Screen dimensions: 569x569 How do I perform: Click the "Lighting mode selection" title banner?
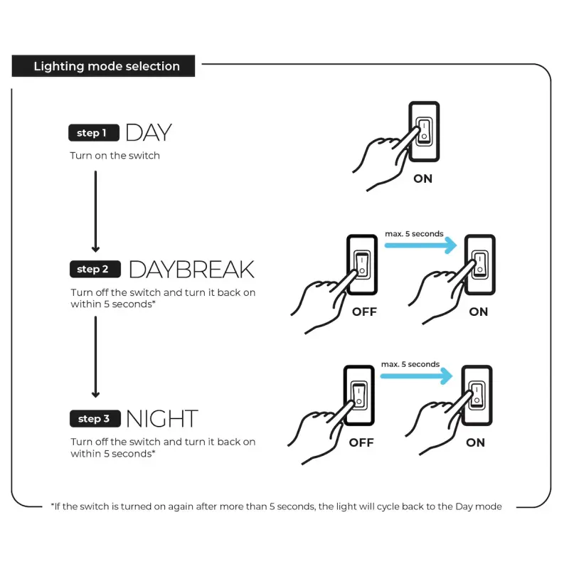[103, 66]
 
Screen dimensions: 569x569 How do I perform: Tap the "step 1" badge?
[94, 133]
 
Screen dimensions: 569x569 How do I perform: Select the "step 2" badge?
[95, 270]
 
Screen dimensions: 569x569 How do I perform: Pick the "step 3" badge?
[95, 419]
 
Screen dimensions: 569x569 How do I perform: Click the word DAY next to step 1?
[149, 132]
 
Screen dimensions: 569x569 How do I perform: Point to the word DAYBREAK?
[191, 270]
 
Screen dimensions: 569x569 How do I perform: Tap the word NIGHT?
[162, 419]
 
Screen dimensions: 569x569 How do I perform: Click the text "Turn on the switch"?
[115, 156]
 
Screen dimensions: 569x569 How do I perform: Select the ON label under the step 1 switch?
[422, 179]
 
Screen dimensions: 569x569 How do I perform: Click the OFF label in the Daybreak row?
[364, 312]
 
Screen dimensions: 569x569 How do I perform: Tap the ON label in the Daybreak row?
[478, 312]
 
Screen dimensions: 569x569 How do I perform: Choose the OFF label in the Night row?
[361, 442]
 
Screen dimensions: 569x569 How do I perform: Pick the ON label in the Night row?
[475, 442]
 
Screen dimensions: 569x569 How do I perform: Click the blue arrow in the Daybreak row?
[420, 245]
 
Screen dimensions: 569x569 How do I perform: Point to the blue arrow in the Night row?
[417, 376]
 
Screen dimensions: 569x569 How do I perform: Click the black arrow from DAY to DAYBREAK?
[95, 211]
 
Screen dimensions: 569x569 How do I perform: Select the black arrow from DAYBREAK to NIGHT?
[95, 357]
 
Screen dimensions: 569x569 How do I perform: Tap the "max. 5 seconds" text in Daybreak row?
[414, 234]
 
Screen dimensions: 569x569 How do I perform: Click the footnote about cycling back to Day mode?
[276, 506]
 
